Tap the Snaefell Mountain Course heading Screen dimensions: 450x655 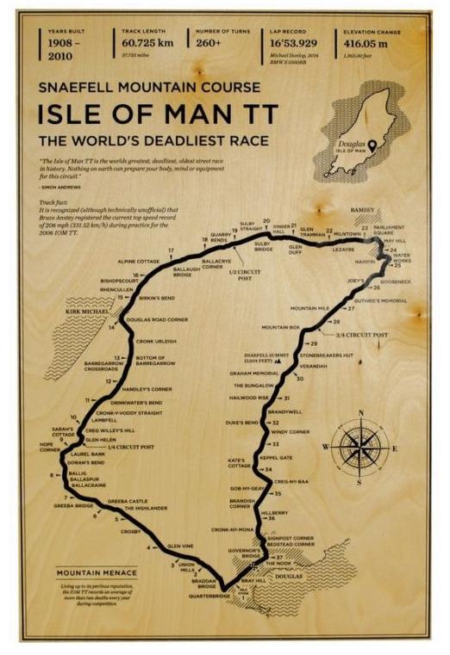[149, 87]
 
